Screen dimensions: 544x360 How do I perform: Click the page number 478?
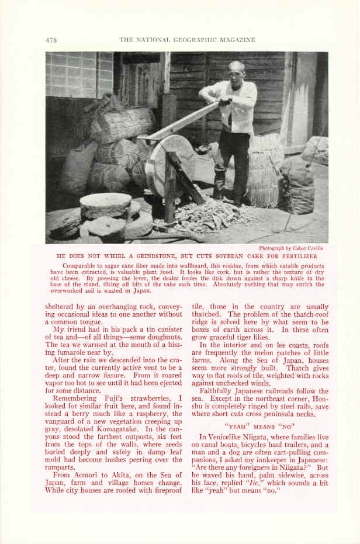(x=51, y=40)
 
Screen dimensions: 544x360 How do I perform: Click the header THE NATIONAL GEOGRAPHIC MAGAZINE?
(x=187, y=40)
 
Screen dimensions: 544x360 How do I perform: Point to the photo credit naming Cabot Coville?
(x=290, y=248)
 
